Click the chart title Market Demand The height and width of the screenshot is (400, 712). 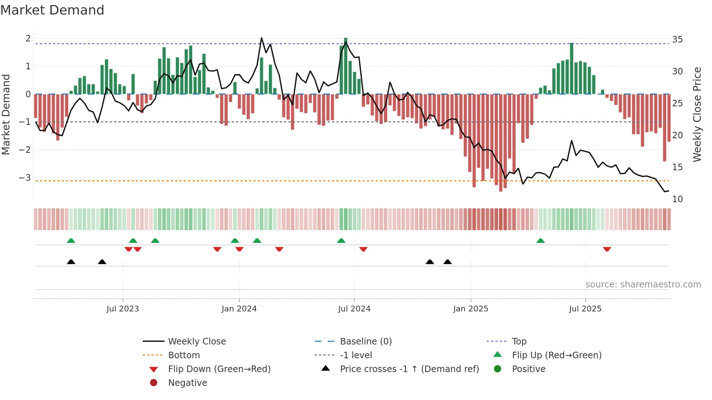point(52,10)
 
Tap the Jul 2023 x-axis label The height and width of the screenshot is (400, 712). point(122,309)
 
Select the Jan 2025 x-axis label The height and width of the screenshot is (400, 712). point(470,309)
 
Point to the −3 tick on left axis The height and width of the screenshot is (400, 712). point(25,177)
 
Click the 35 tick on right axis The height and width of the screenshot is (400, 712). point(677,39)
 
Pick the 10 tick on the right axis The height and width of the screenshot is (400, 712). point(677,199)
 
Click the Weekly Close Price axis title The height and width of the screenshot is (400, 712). point(697,114)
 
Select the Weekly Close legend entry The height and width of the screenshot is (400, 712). point(197,341)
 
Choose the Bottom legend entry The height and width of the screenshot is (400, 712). point(184,355)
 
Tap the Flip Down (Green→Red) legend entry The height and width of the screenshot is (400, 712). point(219,369)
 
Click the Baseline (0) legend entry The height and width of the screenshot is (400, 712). point(365,341)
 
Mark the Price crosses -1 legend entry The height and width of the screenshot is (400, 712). point(409,369)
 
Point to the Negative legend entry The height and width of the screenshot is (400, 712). point(187,383)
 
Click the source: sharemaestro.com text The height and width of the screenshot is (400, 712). point(643,284)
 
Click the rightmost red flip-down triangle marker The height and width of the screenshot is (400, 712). point(607,249)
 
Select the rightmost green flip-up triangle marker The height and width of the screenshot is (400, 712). point(541,241)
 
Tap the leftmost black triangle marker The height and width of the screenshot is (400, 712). point(71,262)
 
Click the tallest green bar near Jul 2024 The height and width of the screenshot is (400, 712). point(346,65)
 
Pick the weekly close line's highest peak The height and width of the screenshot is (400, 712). point(262,38)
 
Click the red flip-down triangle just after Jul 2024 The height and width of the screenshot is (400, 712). point(363,249)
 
